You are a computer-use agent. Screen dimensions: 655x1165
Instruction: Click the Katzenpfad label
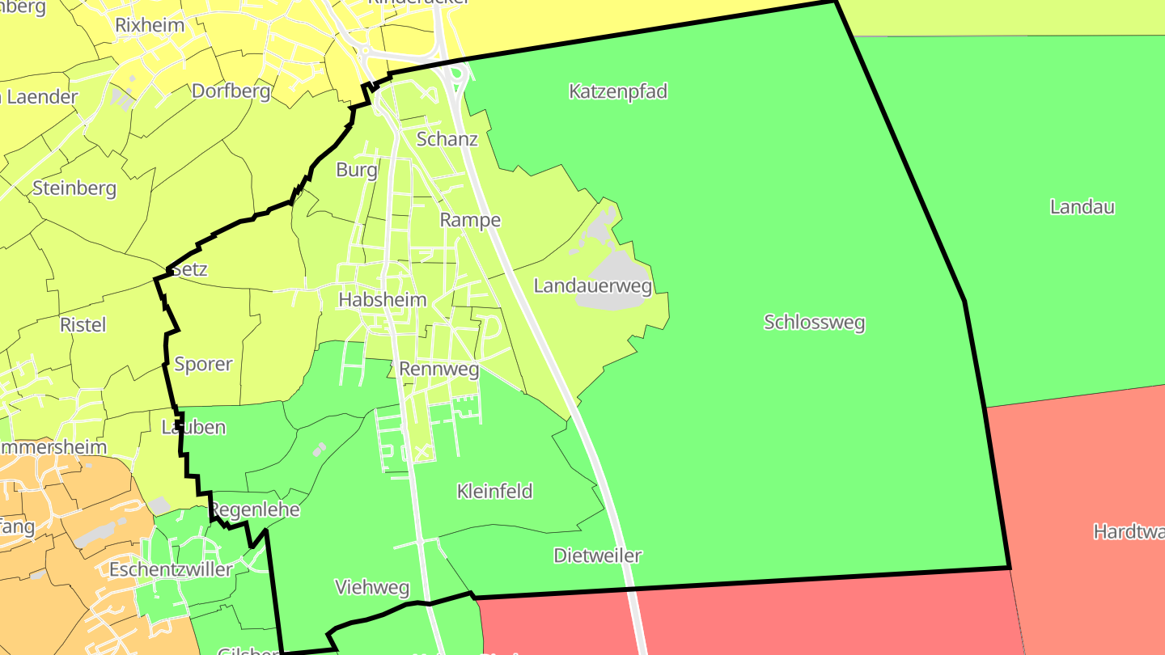pyautogui.click(x=618, y=91)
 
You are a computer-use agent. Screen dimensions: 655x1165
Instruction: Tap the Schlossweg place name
pyautogui.click(x=814, y=323)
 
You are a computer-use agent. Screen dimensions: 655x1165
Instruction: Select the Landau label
pyautogui.click(x=1082, y=206)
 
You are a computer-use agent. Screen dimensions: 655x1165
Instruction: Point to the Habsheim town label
pyautogui.click(x=382, y=299)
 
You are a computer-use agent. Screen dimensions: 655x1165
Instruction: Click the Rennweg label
pyautogui.click(x=438, y=370)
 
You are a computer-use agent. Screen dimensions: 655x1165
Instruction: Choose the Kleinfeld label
pyautogui.click(x=494, y=491)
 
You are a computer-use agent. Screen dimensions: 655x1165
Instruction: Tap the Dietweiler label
pyautogui.click(x=597, y=556)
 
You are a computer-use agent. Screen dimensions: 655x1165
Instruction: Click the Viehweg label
pyautogui.click(x=372, y=587)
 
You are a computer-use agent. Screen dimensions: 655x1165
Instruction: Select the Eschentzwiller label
pyautogui.click(x=171, y=569)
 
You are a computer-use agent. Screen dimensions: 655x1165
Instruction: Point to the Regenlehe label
pyautogui.click(x=255, y=509)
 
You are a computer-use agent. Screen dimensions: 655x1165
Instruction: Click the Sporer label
pyautogui.click(x=203, y=364)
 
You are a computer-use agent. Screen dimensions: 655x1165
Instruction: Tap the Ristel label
pyautogui.click(x=83, y=324)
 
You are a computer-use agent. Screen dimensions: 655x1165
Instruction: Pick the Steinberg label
pyautogui.click(x=74, y=188)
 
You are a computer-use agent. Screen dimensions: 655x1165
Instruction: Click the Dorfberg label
pyautogui.click(x=231, y=91)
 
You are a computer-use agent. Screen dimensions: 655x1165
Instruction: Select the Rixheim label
pyautogui.click(x=150, y=24)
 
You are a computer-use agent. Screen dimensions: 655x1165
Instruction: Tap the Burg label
pyautogui.click(x=356, y=170)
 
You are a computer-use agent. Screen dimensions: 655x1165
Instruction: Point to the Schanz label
pyautogui.click(x=447, y=138)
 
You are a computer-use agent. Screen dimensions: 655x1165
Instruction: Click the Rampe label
pyautogui.click(x=470, y=220)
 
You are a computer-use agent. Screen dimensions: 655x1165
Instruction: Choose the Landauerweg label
pyautogui.click(x=592, y=285)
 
